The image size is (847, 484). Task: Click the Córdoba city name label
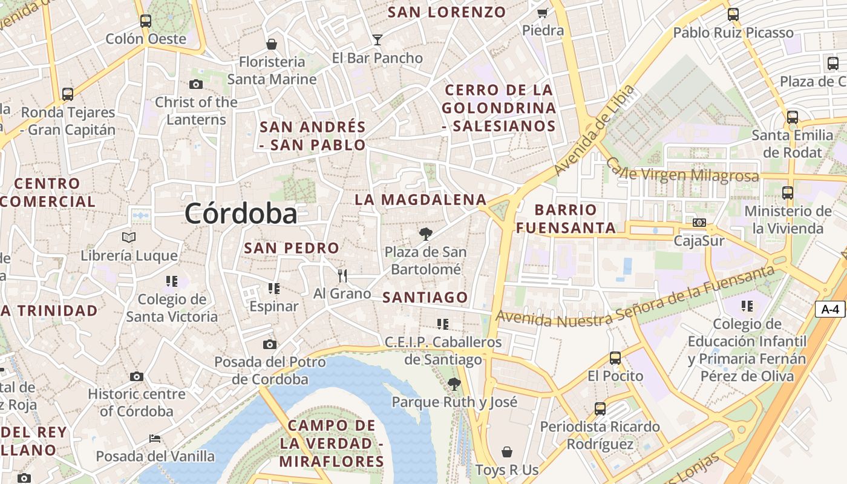pos(241,214)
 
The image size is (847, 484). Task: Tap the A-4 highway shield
pos(830,309)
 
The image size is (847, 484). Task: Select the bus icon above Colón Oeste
pos(145,21)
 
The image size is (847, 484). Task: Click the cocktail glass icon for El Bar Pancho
pos(378,40)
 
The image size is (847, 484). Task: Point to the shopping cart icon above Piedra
pos(543,13)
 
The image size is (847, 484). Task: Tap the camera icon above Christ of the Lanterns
pos(195,84)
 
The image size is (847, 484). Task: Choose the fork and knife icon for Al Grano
pos(342,276)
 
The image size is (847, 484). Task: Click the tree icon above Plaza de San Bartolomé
pos(425,234)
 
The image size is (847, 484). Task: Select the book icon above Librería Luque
pos(129,237)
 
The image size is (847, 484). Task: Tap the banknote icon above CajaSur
pos(699,223)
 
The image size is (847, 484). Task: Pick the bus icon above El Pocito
pos(615,358)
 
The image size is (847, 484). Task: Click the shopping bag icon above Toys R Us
pos(507,452)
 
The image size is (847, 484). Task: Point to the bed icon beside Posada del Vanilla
pos(155,438)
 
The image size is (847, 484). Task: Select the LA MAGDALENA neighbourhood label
pos(420,200)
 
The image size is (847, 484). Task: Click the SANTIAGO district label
pos(425,297)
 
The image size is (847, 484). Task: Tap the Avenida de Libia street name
pos(595,130)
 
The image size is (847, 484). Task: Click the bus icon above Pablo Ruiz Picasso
pos(733,15)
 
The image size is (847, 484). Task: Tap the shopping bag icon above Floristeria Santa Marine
pos(272,44)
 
